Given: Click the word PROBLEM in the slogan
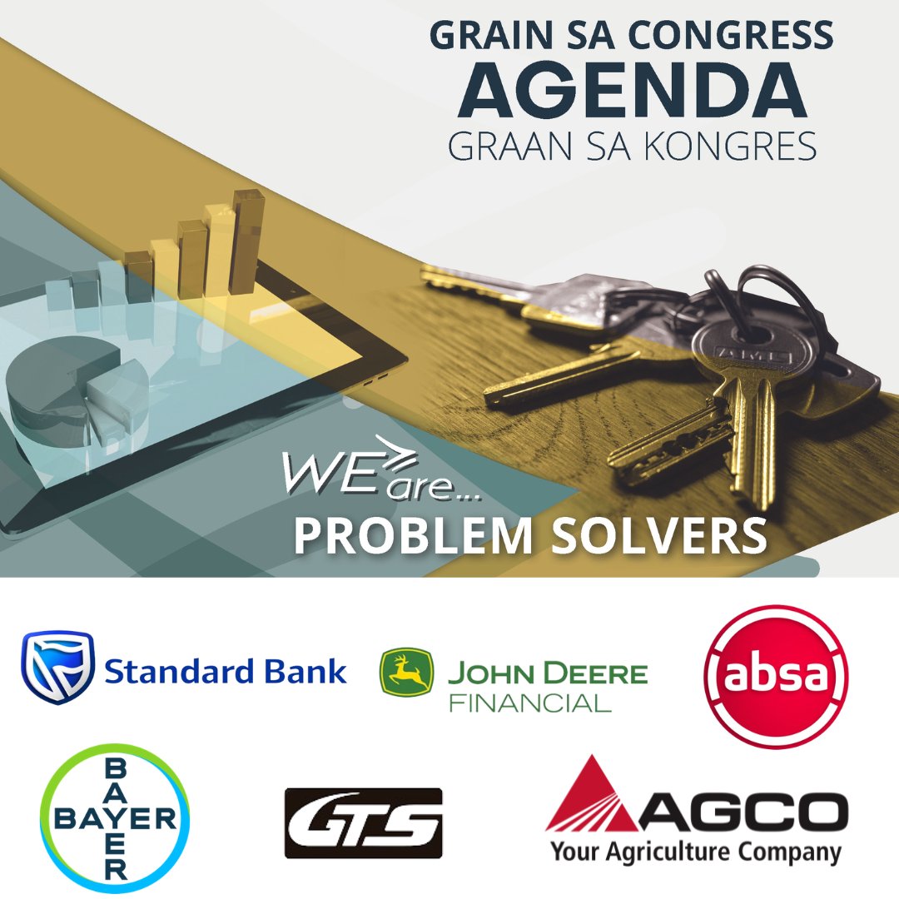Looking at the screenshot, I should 412,537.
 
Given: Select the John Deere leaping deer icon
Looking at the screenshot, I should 406,672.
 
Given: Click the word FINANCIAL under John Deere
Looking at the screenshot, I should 530,703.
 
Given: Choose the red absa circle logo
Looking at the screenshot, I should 776,676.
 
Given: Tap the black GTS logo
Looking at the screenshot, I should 363,822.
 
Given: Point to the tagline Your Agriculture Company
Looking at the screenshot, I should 695,852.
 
